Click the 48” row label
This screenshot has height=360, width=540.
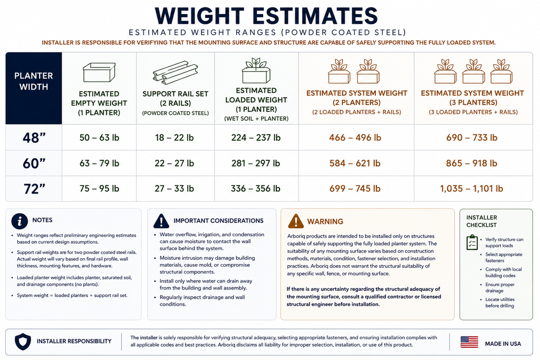click(x=34, y=138)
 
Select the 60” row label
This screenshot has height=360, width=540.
click(x=34, y=163)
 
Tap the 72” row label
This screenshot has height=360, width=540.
click(x=34, y=189)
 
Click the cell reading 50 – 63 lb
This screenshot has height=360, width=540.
click(x=99, y=138)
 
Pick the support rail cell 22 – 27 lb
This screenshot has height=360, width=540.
click(x=174, y=163)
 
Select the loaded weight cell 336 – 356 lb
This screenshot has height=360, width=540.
click(x=256, y=189)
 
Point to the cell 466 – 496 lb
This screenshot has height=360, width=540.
click(x=355, y=138)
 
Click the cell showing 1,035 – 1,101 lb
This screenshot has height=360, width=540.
click(x=471, y=189)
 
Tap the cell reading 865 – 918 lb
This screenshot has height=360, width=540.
click(x=471, y=163)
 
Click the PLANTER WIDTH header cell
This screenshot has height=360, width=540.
click(x=34, y=89)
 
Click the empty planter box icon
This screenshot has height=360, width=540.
click(x=99, y=72)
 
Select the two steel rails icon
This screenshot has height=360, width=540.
click(x=175, y=73)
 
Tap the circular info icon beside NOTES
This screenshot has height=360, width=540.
click(x=20, y=221)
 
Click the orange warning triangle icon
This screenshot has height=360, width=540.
click(x=296, y=221)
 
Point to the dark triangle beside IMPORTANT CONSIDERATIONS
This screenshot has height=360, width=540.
click(x=161, y=221)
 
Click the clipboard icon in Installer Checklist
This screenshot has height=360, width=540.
click(x=472, y=242)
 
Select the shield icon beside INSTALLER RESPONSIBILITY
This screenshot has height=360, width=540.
click(x=23, y=342)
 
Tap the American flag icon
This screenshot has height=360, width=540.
click(x=469, y=342)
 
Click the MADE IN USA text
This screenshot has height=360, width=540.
click(x=503, y=344)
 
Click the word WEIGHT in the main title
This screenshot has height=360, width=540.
click(x=200, y=16)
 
